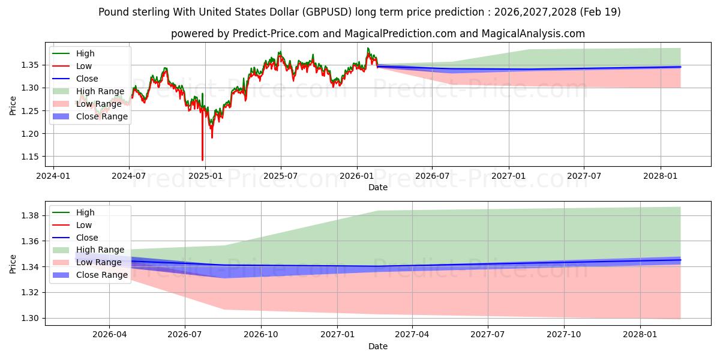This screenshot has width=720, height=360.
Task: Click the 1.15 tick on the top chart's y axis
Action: click(32, 157)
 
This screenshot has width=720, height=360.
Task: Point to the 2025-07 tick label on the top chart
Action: click(281, 176)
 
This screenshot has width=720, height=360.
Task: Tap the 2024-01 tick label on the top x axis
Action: click(53, 176)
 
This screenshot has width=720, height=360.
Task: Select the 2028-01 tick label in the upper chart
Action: click(661, 176)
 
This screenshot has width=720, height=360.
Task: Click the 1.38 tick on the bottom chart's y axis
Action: click(32, 215)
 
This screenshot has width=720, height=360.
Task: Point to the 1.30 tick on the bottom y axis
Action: click(32, 318)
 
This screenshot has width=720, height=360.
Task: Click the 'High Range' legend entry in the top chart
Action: click(100, 91)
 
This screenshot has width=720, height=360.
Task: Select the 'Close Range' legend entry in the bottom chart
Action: click(102, 275)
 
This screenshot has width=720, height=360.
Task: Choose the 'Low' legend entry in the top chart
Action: click(85, 66)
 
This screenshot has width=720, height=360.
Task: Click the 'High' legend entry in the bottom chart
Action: click(85, 212)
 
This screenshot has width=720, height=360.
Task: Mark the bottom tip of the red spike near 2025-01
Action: click(202, 160)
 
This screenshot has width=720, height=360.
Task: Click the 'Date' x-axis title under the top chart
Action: click(378, 187)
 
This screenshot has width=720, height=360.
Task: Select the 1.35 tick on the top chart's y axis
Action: click(32, 65)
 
